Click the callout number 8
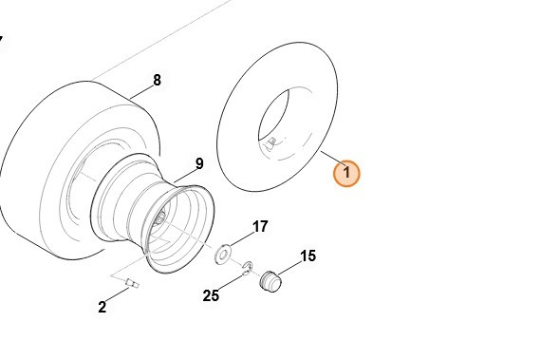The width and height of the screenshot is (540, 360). (x=157, y=81)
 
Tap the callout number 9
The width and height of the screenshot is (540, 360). (x=199, y=163)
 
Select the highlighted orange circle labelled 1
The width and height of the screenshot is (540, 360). (x=346, y=173)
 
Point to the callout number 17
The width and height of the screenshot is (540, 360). (x=260, y=227)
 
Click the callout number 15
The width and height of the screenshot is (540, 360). (x=307, y=256)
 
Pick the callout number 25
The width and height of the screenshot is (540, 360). (x=211, y=295)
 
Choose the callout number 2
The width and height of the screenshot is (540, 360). (x=102, y=307)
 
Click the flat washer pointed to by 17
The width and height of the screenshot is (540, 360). (x=223, y=255)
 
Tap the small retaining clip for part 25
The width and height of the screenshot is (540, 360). (x=248, y=268)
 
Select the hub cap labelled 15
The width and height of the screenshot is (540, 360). (x=270, y=281)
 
